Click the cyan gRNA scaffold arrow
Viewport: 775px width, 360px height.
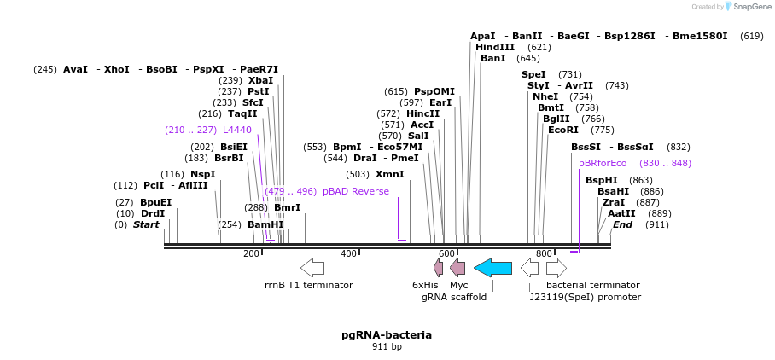492,268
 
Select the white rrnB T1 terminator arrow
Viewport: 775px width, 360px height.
312,268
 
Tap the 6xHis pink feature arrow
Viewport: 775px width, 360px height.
439,268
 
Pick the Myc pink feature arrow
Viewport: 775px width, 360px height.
457,268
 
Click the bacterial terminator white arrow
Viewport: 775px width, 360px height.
556,268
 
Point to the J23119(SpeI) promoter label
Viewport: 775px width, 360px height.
585,297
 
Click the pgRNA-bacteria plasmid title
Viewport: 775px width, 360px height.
387,334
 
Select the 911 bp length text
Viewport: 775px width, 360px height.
387,346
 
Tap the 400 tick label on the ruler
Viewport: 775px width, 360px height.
348,253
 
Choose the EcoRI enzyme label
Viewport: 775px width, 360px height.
563,130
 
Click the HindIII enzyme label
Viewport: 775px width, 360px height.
495,47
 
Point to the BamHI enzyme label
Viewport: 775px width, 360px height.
265,224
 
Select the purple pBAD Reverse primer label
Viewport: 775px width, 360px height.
356,191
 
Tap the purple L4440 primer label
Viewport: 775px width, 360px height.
237,130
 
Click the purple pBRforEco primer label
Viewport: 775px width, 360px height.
603,163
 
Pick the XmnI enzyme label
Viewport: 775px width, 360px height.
390,174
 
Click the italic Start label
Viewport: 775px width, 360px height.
146,224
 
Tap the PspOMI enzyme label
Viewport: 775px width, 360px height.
434,91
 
